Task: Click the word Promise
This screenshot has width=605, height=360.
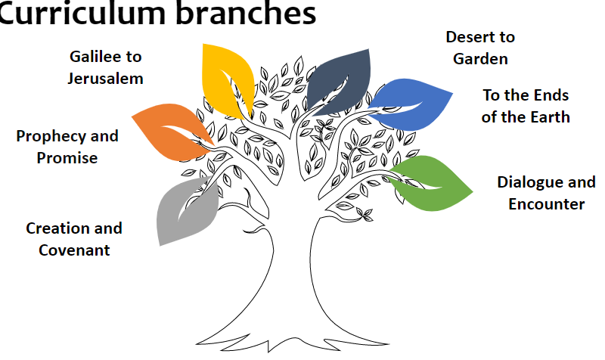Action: pos(67,158)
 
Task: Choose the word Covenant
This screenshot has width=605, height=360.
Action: pos(74,250)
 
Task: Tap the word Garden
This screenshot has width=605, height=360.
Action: pos(480,58)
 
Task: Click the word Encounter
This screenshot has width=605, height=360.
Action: pos(546,204)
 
